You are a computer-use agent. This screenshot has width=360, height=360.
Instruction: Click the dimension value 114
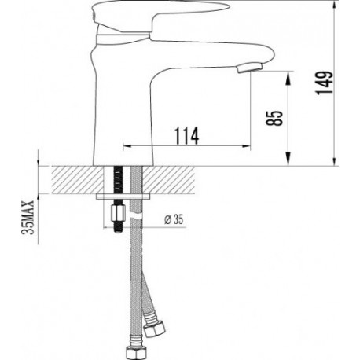click(186, 136)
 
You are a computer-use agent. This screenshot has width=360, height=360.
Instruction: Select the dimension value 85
click(274, 118)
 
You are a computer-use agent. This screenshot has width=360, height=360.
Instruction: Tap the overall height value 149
click(324, 83)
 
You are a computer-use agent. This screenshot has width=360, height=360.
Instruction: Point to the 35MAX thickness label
click(28, 217)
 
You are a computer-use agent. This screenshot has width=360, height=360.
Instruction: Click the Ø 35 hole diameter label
click(174, 219)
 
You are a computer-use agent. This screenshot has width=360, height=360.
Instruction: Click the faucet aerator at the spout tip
click(249, 68)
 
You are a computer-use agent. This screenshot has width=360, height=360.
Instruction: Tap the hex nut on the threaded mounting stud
click(118, 213)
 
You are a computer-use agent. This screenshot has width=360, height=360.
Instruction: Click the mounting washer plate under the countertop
click(123, 197)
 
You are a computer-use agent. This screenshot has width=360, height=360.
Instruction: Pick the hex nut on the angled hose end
click(155, 329)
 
